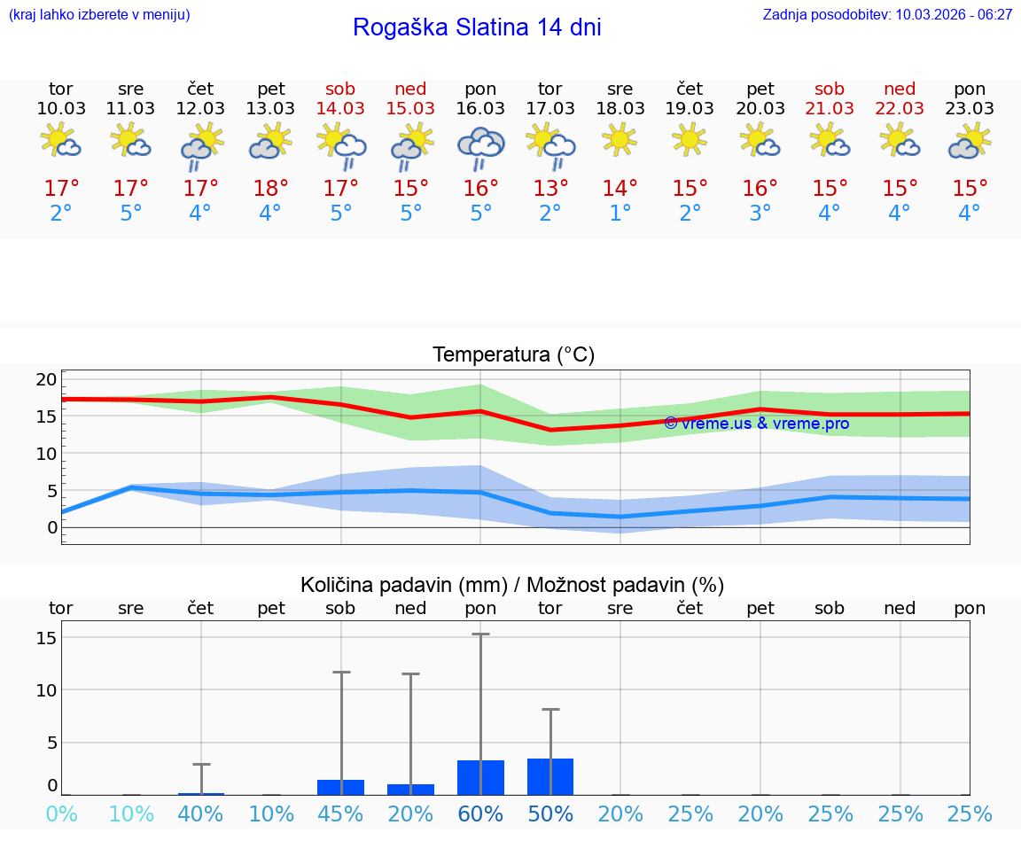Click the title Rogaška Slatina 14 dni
[x=477, y=27]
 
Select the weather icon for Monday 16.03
[x=480, y=146]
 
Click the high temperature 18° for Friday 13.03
[x=270, y=189]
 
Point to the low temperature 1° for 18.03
[x=620, y=214]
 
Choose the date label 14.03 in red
[x=340, y=108]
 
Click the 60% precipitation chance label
[x=480, y=814]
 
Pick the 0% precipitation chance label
[x=61, y=814]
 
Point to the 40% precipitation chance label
[x=200, y=814]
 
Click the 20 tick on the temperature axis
[x=46, y=380]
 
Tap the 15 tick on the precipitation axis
[x=46, y=638]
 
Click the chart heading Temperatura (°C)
[x=513, y=355]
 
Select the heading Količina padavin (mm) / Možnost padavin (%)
[x=512, y=585]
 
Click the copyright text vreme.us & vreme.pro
[x=757, y=424]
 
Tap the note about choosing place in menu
[x=99, y=14]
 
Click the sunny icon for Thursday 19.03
[x=690, y=139]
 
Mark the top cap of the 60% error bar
[x=480, y=634]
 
